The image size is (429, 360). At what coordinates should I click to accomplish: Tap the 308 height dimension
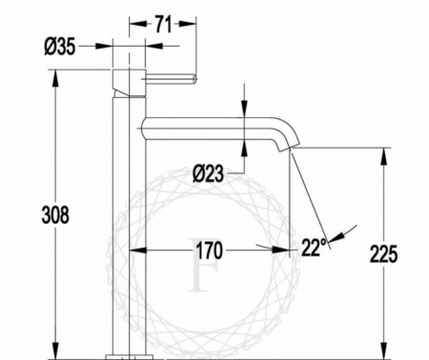[56, 215]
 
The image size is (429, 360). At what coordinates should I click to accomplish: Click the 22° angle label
[314, 246]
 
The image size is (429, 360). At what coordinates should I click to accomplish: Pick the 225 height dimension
[384, 253]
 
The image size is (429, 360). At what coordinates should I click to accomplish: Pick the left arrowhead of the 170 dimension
[134, 251]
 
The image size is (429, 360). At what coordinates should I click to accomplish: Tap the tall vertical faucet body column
[130, 219]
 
